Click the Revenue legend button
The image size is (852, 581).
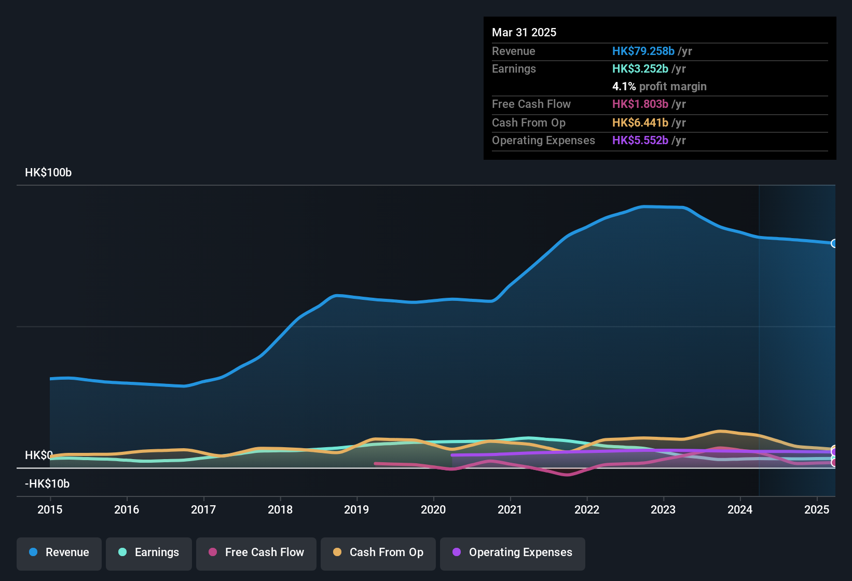click(59, 552)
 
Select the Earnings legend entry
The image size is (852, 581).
click(149, 552)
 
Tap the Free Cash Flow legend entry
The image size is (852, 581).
click(256, 552)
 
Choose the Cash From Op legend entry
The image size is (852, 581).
click(378, 552)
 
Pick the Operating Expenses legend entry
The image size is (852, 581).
click(513, 552)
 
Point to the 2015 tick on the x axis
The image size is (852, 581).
click(50, 509)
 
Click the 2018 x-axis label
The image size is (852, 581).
click(280, 509)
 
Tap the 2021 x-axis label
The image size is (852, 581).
click(510, 509)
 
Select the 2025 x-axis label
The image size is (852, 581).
click(817, 509)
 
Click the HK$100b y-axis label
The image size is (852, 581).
click(48, 173)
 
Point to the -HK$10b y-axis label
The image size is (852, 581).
click(47, 484)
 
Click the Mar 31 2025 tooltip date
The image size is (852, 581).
click(524, 33)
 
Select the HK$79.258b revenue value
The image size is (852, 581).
click(643, 51)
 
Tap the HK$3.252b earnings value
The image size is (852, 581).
click(640, 69)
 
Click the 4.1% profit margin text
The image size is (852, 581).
click(659, 87)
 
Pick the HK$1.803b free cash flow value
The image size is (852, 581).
click(640, 104)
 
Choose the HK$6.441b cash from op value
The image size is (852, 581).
click(640, 123)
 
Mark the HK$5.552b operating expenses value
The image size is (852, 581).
click(640, 141)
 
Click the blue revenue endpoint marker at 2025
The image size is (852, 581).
click(834, 243)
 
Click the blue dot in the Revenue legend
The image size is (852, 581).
click(33, 552)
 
